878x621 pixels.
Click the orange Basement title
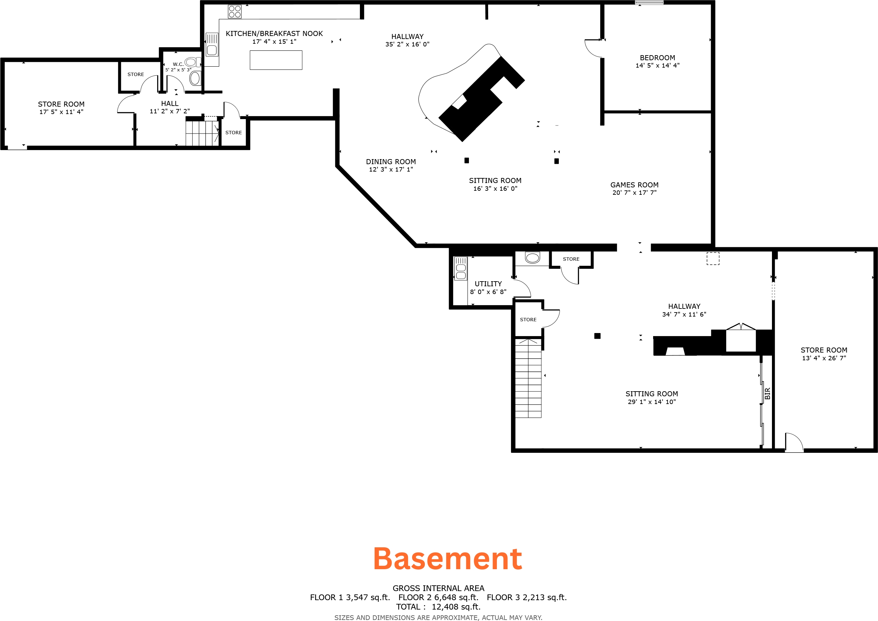448,559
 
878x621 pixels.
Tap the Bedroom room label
657,58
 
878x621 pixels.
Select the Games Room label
634,185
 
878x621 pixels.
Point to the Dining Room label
391,162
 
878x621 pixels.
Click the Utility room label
488,284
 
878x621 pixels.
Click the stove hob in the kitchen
235,11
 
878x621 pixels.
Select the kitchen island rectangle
276,60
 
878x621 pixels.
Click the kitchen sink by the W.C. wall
212,44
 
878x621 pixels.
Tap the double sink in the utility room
461,268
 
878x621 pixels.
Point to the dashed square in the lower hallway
713,258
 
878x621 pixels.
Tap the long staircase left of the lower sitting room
528,378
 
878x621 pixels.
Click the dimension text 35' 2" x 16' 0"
407,44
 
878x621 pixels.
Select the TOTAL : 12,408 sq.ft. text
438,607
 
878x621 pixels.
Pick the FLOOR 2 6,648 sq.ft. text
438,597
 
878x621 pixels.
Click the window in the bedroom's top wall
649,3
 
